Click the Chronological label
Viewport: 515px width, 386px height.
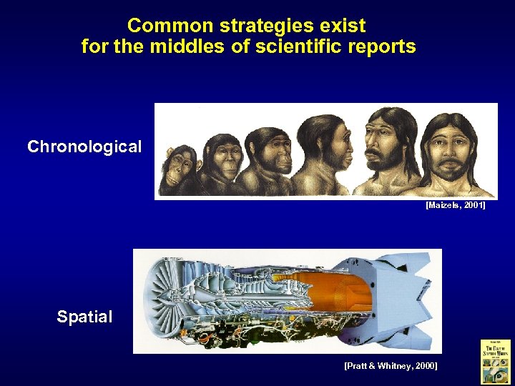pos(84,147)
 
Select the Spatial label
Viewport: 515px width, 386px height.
pos(84,317)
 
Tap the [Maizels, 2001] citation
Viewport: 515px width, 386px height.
pos(456,205)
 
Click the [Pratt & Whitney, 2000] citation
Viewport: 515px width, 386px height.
pos(391,365)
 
